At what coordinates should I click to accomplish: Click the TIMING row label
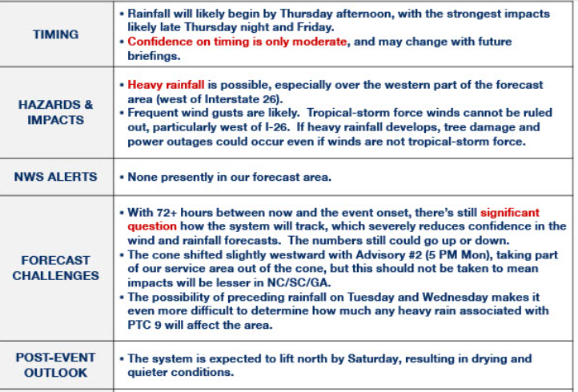56,34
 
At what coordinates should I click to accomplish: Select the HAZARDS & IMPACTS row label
56,112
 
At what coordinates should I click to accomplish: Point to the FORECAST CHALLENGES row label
56,267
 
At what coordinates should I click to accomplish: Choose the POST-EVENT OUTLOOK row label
56,365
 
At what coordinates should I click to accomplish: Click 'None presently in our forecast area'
229,177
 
